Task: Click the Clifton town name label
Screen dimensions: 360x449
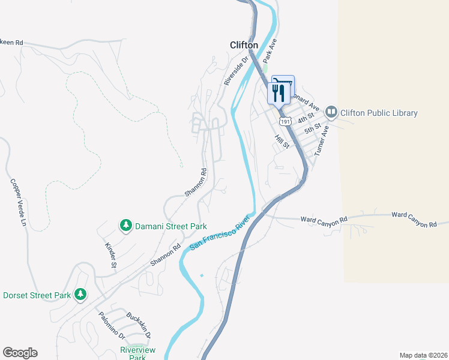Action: coord(244,45)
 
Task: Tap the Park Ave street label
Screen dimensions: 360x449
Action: coord(270,50)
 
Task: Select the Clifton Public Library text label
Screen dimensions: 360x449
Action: coord(379,113)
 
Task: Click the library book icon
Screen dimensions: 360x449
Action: coord(331,112)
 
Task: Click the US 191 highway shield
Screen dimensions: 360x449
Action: coord(286,121)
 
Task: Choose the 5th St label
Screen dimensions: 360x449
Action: coord(313,129)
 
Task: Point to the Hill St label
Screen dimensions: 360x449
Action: coord(282,142)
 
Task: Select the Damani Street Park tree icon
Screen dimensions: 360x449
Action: coord(126,226)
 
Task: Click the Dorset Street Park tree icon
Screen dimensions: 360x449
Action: coord(80,295)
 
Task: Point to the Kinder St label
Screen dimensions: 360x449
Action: coord(110,255)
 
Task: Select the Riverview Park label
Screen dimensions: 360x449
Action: coord(137,353)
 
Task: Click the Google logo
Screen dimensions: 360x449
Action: coord(20,353)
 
